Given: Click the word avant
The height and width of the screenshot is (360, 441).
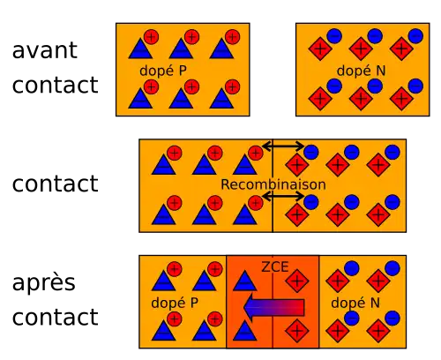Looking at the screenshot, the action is click(x=45, y=50).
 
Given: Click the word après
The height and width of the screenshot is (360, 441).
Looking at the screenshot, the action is click(x=44, y=282).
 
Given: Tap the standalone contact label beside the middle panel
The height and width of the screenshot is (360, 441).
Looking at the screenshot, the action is click(x=56, y=184).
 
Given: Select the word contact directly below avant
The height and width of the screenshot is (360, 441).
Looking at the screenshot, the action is click(x=56, y=85).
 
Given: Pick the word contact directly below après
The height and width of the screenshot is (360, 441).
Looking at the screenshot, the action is click(x=56, y=317).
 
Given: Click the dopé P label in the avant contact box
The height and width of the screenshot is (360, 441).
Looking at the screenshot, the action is click(x=163, y=71).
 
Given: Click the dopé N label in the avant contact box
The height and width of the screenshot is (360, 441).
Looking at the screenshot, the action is click(x=361, y=71).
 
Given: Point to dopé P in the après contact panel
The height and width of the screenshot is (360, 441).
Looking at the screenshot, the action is click(x=175, y=303).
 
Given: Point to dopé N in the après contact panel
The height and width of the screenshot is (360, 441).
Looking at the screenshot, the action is click(x=355, y=303).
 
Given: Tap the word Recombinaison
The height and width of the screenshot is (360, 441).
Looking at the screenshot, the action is click(x=273, y=184).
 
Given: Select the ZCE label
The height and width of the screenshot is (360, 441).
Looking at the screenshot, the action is click(x=275, y=266).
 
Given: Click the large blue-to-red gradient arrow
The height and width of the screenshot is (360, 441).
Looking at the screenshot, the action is click(x=274, y=307).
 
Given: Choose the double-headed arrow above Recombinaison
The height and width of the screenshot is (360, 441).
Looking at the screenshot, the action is click(x=283, y=146).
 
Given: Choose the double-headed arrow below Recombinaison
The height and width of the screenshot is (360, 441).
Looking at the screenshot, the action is click(x=283, y=196).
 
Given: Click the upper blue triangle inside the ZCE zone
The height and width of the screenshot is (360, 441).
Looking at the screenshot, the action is click(x=244, y=281).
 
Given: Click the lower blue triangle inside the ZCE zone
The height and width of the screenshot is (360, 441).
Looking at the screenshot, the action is click(x=244, y=331).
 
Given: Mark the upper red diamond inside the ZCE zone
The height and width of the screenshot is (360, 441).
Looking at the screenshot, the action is click(x=297, y=281).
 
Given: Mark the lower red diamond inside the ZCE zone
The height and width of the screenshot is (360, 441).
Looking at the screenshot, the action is click(x=297, y=331).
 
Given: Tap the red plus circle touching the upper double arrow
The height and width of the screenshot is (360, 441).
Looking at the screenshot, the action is click(x=256, y=153).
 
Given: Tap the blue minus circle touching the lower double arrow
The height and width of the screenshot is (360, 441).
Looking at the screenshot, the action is click(x=311, y=202).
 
